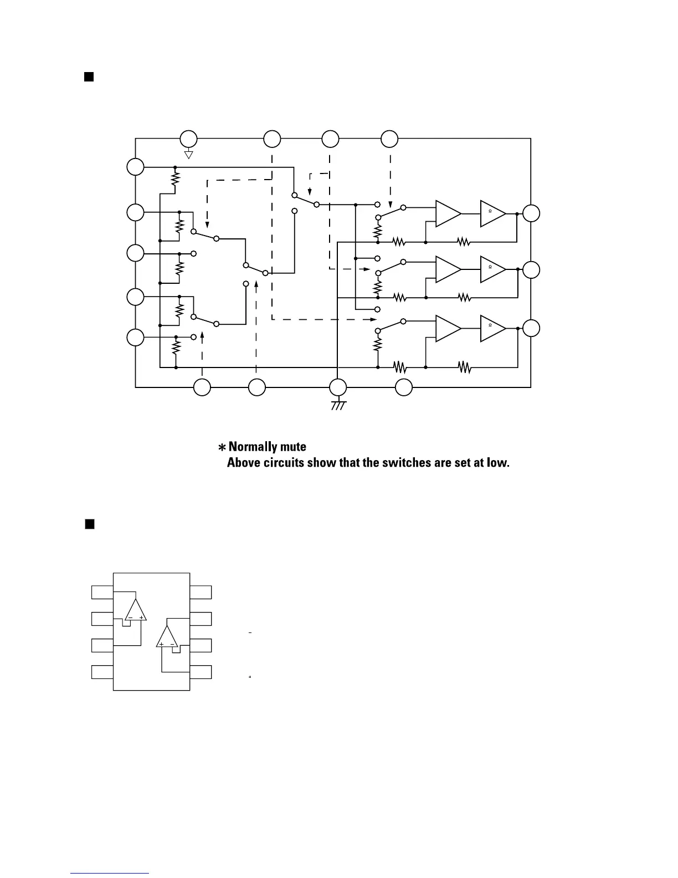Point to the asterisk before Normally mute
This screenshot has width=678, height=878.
(222, 447)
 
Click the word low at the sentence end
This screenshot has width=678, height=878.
(498, 462)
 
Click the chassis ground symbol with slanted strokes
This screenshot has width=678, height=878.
(338, 405)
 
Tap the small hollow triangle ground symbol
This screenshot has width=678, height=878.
(188, 154)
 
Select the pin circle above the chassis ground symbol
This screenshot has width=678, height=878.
(338, 387)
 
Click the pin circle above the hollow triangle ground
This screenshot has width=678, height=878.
(188, 139)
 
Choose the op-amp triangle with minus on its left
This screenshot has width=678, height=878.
(136, 610)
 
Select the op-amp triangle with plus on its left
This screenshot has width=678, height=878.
(167, 637)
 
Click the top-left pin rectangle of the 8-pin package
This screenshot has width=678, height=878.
(102, 592)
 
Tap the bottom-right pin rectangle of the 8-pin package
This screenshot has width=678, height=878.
(201, 672)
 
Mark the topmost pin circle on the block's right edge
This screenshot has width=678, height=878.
(531, 213)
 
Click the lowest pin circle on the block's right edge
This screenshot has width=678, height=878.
(531, 328)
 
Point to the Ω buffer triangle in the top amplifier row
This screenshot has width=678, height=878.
(492, 213)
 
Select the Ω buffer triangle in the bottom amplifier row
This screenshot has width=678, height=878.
(492, 328)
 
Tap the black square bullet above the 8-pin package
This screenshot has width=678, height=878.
(89, 524)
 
